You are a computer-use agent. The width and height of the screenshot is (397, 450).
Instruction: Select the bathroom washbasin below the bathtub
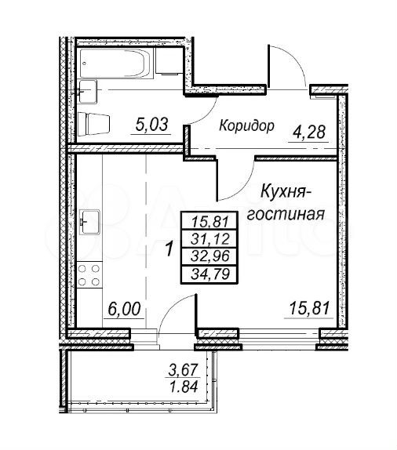[87, 91]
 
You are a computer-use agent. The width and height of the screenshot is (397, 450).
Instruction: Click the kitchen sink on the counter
[89, 222]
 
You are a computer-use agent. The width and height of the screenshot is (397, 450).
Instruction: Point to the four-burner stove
[89, 275]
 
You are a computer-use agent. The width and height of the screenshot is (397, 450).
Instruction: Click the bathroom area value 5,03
[151, 125]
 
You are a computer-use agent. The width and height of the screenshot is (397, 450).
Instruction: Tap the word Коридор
[246, 125]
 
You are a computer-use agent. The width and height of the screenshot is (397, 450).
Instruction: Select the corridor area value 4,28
[309, 132]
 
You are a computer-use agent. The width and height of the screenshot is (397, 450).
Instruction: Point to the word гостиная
[286, 214]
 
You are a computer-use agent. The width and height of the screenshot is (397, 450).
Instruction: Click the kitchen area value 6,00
[124, 309]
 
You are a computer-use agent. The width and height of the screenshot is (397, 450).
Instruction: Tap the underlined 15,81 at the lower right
[309, 309]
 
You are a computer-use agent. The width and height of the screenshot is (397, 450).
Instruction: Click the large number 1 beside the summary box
[169, 249]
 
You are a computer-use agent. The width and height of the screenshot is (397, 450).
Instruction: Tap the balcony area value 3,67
[184, 370]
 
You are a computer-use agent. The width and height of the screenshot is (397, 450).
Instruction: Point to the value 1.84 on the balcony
[184, 386]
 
